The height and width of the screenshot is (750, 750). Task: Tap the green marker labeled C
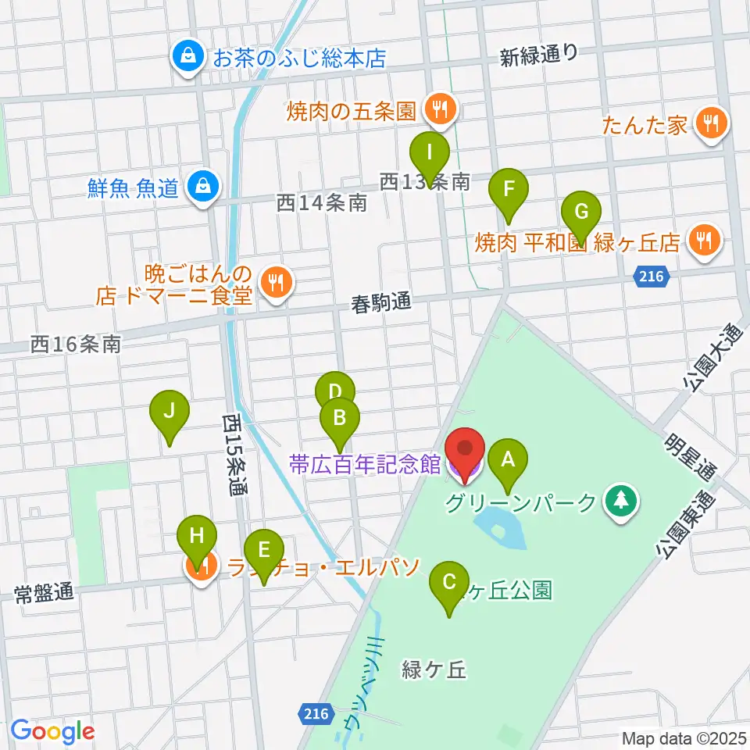pyautogui.click(x=449, y=583)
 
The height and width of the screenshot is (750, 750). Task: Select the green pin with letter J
pyautogui.click(x=170, y=411)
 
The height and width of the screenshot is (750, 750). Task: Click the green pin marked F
pyautogui.click(x=509, y=190)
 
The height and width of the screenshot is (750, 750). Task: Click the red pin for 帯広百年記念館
pyautogui.click(x=466, y=452)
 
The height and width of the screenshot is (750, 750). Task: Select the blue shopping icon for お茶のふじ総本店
pyautogui.click(x=187, y=57)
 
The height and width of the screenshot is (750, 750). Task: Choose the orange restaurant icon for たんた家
pyautogui.click(x=710, y=123)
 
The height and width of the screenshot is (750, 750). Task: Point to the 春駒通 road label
pyautogui.click(x=381, y=302)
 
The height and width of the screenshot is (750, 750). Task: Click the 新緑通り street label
pyautogui.click(x=539, y=55)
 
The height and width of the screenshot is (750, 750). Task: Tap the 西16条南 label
pyautogui.click(x=77, y=344)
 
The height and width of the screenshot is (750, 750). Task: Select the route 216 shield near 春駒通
pyautogui.click(x=650, y=277)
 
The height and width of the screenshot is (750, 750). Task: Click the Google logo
pyautogui.click(x=52, y=732)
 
